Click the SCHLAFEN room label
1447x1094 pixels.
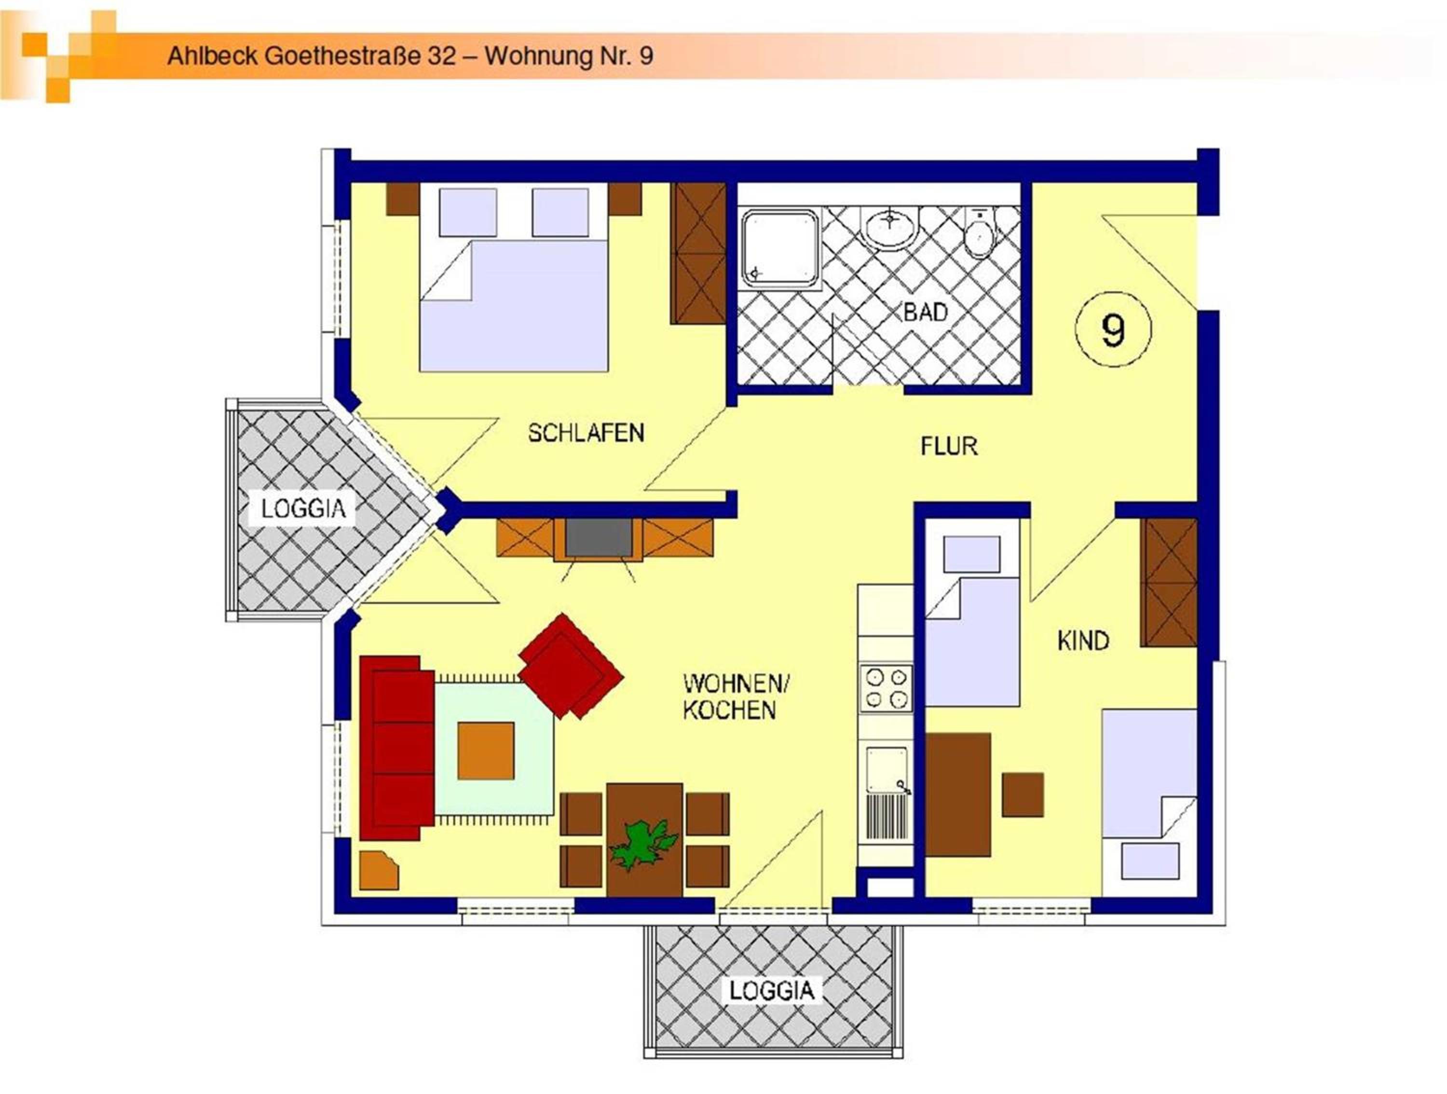[586, 433]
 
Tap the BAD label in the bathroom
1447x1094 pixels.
[925, 312]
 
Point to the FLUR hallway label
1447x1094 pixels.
[949, 446]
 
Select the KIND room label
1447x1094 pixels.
[1083, 641]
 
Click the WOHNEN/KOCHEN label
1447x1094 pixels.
[737, 697]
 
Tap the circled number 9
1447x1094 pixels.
[1113, 329]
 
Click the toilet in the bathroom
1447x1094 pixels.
[979, 233]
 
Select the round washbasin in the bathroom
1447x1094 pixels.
[890, 228]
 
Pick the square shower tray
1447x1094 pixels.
[780, 248]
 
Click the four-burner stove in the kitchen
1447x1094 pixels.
[885, 688]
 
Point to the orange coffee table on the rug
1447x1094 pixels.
[485, 751]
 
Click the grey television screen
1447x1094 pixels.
[599, 537]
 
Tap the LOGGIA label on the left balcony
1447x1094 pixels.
[303, 508]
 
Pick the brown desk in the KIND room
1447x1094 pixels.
[958, 794]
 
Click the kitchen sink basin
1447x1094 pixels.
[887, 768]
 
